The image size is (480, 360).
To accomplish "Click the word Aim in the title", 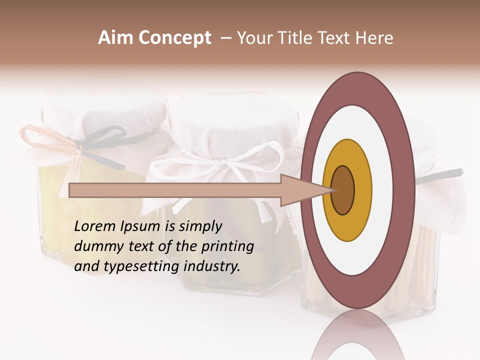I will click(116, 38).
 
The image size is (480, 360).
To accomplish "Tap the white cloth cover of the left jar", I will click(100, 112).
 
